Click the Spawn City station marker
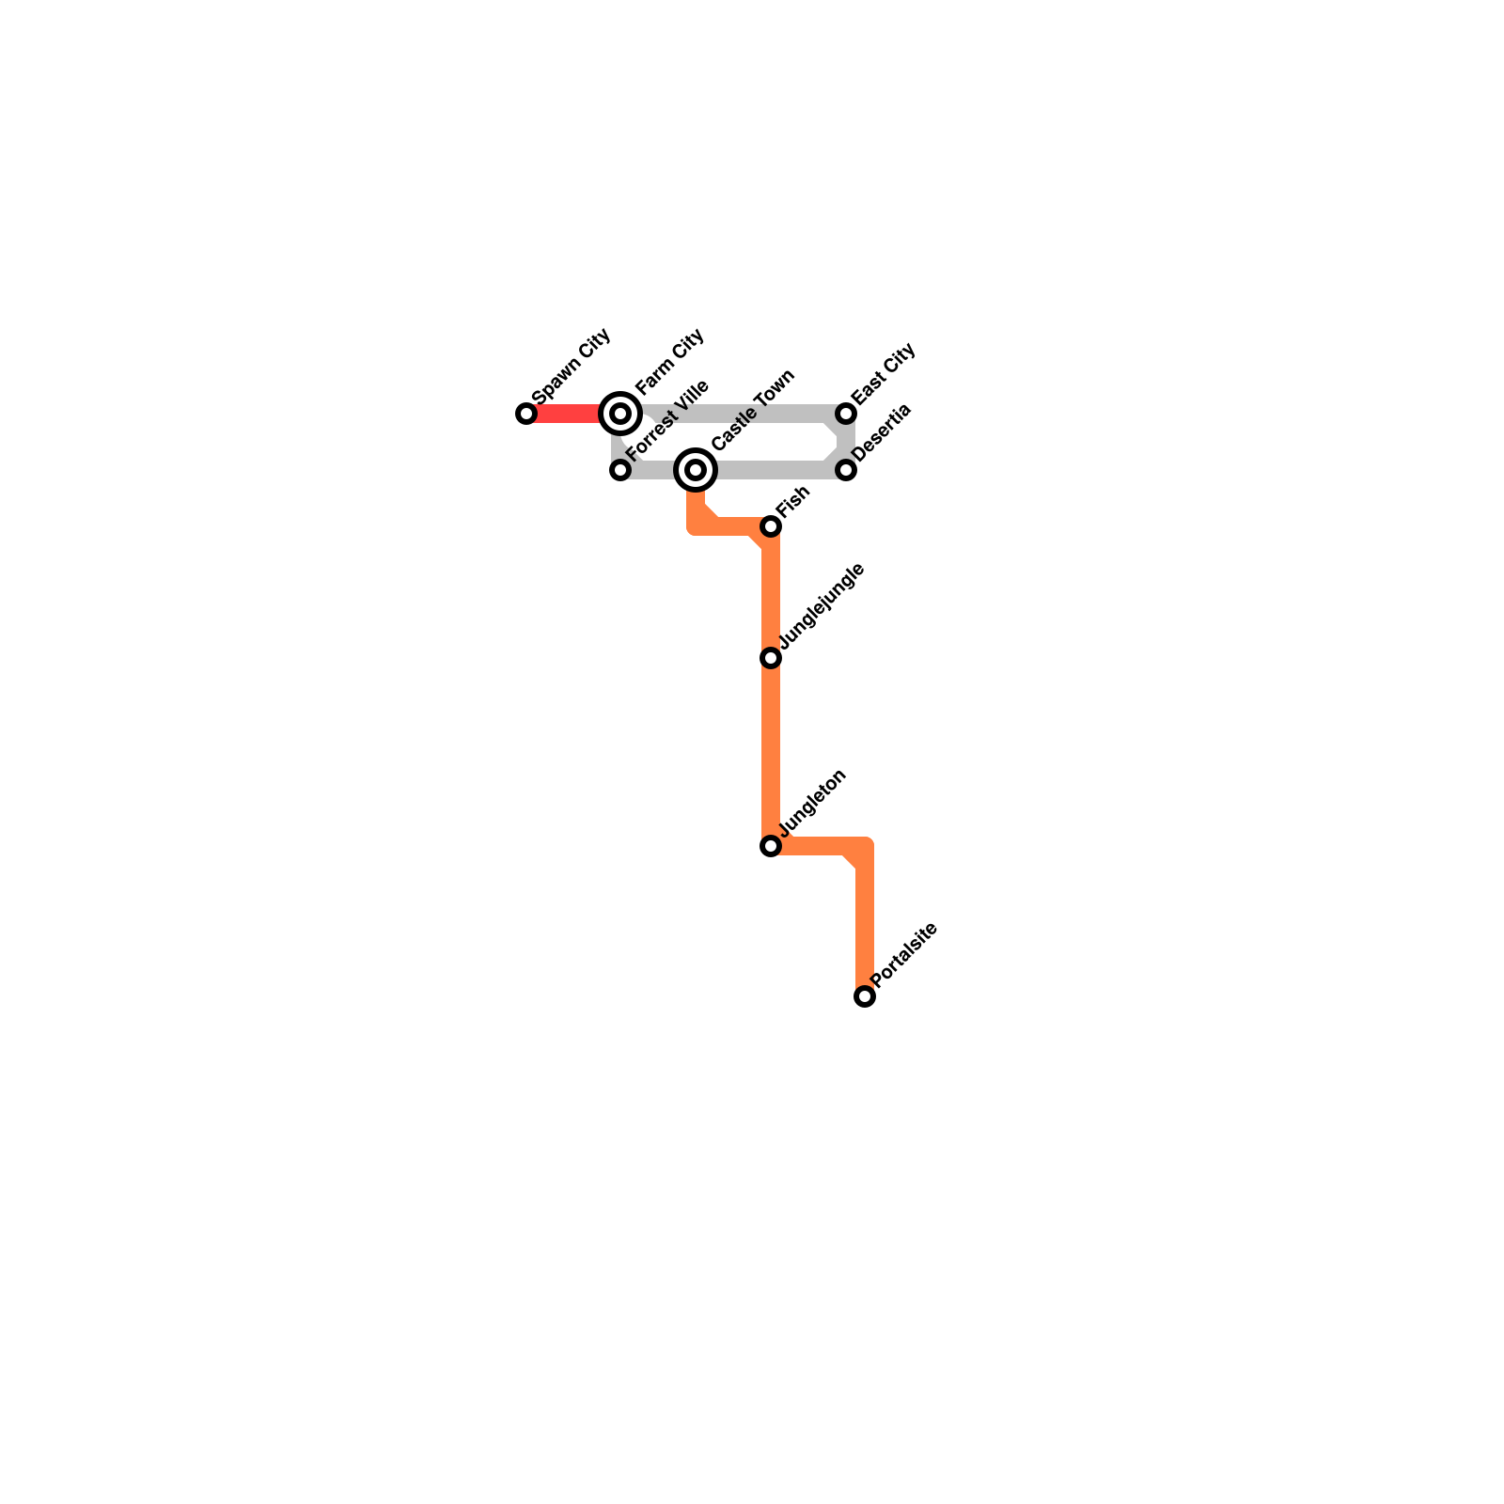pos(526,414)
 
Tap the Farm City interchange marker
pos(620,414)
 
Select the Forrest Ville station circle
pos(620,470)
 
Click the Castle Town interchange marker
pos(696,470)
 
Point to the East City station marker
pos(846,414)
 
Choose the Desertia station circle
pos(846,470)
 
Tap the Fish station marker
pos(771,526)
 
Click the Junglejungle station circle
pos(771,658)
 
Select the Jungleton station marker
pos(771,846)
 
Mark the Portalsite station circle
pos(865,996)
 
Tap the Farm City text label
pos(669,362)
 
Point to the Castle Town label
pos(753,410)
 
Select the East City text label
pos(883,375)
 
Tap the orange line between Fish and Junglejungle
pos(771,592)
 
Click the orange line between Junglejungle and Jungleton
pos(771,752)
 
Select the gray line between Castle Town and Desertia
pos(771,470)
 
